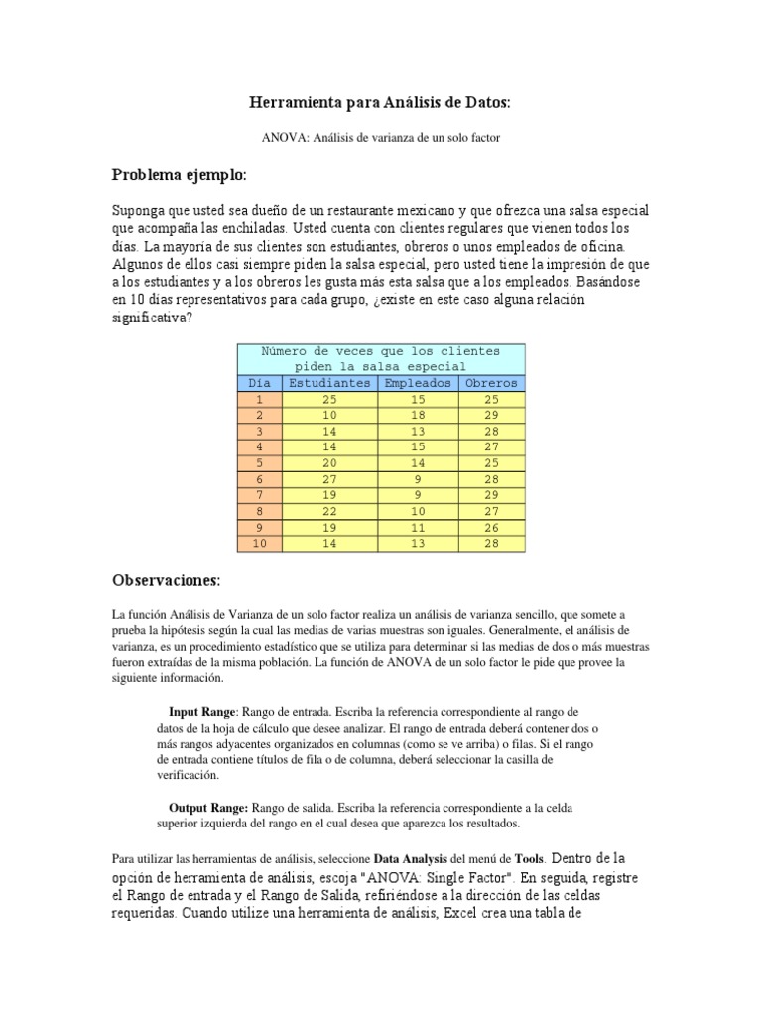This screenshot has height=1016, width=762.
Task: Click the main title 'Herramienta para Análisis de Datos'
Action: (x=381, y=102)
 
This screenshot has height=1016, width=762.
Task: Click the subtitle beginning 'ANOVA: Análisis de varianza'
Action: (x=381, y=138)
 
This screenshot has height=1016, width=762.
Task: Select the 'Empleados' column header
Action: (x=418, y=382)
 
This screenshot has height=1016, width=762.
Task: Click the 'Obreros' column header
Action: (x=492, y=382)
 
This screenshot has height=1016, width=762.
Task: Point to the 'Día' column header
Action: (x=259, y=382)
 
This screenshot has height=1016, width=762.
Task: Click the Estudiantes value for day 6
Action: (x=329, y=479)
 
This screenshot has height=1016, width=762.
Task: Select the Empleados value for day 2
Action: (x=418, y=415)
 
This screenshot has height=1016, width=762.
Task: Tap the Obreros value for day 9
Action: (x=492, y=528)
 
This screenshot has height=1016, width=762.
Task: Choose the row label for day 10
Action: (x=259, y=544)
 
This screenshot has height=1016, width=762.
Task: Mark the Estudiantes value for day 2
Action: (x=329, y=415)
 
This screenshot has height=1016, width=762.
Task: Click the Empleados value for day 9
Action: (x=418, y=528)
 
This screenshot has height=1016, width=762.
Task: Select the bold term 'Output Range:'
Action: (x=210, y=808)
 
